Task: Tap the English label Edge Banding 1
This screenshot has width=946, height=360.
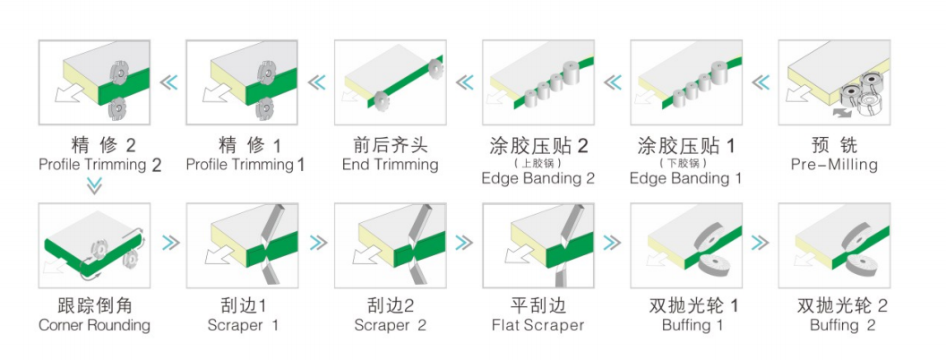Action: click(x=686, y=178)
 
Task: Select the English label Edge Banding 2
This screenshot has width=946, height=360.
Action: click(x=537, y=178)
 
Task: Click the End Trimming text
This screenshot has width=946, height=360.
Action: click(x=390, y=165)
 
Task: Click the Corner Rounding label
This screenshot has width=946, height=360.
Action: click(x=94, y=325)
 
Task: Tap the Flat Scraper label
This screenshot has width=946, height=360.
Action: click(x=537, y=325)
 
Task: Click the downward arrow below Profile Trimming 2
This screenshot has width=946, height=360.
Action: click(x=94, y=186)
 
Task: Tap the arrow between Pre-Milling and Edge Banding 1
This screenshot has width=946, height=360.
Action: click(x=760, y=83)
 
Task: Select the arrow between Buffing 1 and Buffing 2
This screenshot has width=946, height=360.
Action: click(x=760, y=242)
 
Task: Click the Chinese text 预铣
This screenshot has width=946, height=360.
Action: click(x=834, y=145)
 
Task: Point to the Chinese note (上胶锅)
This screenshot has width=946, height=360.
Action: click(x=537, y=163)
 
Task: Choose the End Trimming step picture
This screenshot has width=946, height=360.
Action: click(x=390, y=82)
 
